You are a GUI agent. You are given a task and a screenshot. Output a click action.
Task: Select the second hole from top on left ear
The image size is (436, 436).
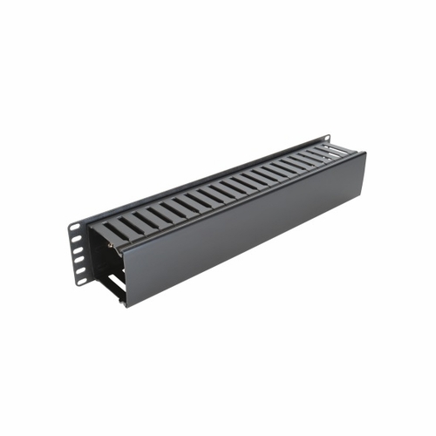pyautogui.click(x=77, y=238)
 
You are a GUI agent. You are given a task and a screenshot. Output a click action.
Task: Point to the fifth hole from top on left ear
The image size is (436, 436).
pyautogui.click(x=81, y=270)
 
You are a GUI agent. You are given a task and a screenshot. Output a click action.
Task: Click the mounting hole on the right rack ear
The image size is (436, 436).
pyautogui.click(x=325, y=140)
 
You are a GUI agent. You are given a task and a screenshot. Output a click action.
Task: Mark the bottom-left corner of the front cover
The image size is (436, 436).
pyautogui.click(x=126, y=306)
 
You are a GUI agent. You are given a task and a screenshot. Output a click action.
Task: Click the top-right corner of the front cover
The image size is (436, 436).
pyautogui.click(x=362, y=154)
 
